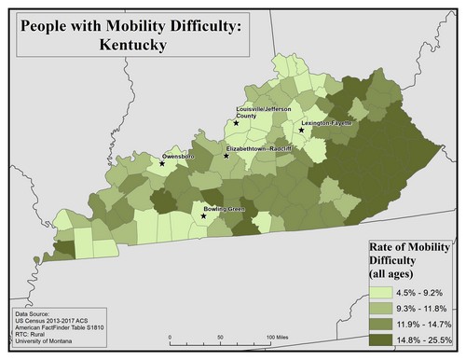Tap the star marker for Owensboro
[x=162, y=164]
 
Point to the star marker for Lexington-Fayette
[x=301, y=131]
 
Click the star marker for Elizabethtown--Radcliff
[x=226, y=156]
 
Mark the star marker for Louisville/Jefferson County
[x=237, y=122]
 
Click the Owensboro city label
[x=179, y=156]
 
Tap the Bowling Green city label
[x=224, y=208]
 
